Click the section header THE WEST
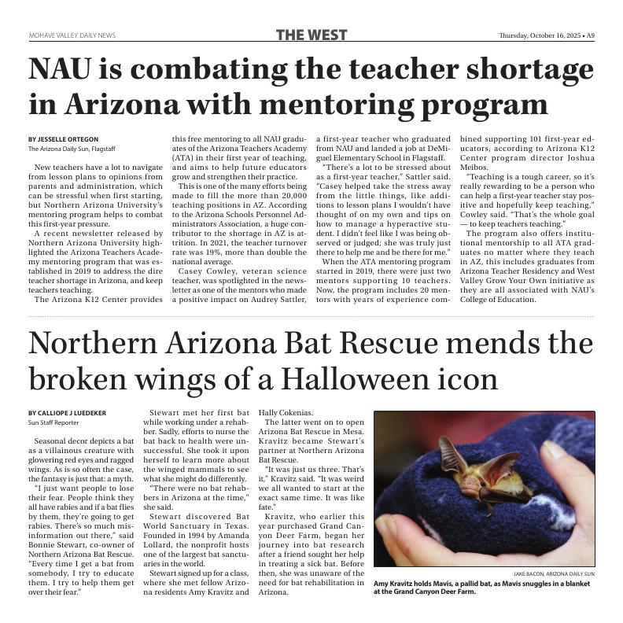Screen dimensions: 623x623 coord(311,35)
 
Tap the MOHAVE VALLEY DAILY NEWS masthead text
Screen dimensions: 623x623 coord(72,35)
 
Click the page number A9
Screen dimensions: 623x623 coord(589,35)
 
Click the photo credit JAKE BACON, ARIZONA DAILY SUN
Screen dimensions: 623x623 coord(554,575)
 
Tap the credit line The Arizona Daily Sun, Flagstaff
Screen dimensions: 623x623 coord(72,149)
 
